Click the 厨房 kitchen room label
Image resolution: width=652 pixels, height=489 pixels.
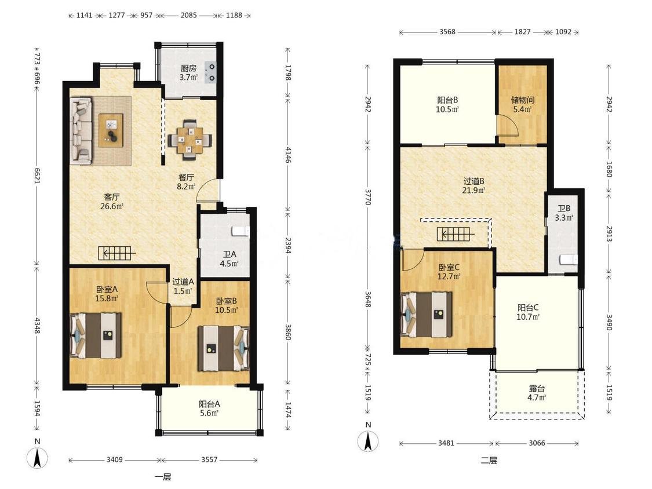tap(188, 68)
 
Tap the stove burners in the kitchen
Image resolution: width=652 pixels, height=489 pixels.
tap(211, 72)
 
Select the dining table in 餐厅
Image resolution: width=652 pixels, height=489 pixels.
tap(190, 140)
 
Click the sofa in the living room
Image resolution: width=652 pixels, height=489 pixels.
tap(81, 130)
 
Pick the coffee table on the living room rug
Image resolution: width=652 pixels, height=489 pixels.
tap(111, 130)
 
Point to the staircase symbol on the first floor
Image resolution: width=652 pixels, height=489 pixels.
tap(117, 253)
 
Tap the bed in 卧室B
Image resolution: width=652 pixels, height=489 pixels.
tap(223, 348)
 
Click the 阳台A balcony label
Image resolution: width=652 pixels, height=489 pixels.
tap(209, 404)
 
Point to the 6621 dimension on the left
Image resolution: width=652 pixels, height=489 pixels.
tap(37, 176)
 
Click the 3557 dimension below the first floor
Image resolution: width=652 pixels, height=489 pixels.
tap(209, 459)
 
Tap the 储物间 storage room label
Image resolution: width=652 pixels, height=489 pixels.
tap(522, 100)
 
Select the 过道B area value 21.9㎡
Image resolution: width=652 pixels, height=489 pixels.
tap(473, 191)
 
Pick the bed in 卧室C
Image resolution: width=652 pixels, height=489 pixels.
tap(426, 315)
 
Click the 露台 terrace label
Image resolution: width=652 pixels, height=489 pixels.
tap(537, 388)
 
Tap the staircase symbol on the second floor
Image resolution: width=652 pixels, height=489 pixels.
tap(456, 235)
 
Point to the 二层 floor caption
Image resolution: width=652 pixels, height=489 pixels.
tap(489, 460)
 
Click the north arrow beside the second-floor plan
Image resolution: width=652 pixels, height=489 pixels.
tap(368, 441)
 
